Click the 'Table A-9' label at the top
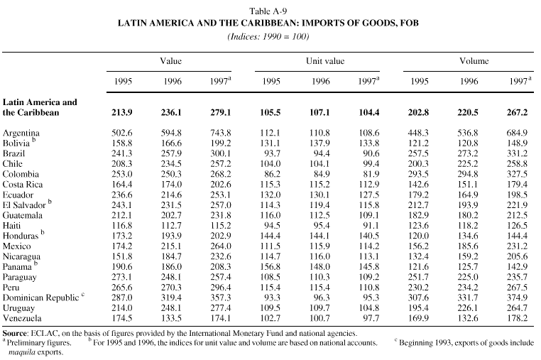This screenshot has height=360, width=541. [x=270, y=12]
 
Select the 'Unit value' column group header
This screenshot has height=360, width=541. [x=325, y=62]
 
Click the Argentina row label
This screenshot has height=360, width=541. [x=22, y=133]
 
